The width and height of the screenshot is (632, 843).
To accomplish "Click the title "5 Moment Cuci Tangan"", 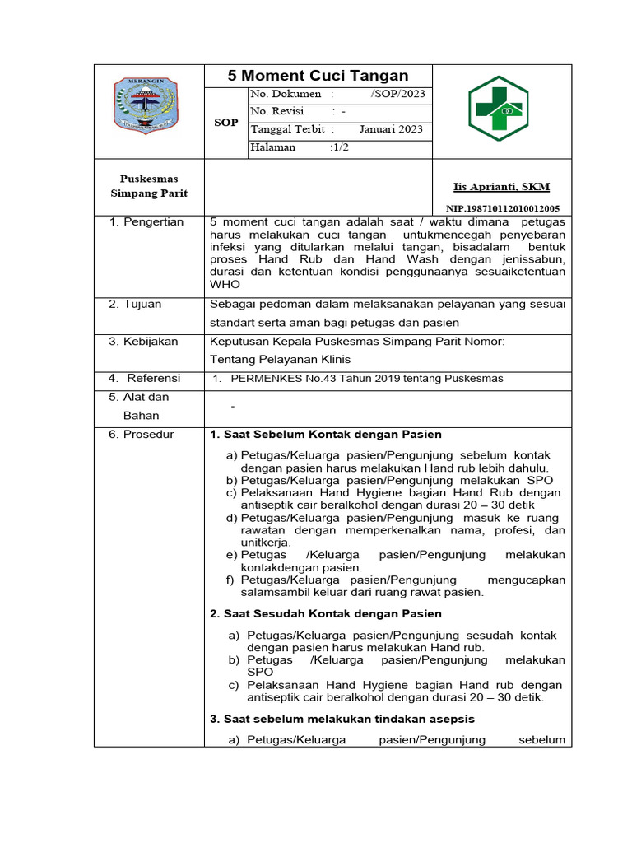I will (x=318, y=76).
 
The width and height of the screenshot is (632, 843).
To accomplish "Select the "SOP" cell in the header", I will (x=225, y=123).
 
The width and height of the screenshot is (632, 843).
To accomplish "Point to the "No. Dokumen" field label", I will (x=286, y=94).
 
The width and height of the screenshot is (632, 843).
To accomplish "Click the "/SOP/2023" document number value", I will (x=397, y=94).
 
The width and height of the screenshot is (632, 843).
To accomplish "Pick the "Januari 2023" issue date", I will (x=391, y=129).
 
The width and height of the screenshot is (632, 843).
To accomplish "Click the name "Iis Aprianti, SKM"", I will (x=501, y=187).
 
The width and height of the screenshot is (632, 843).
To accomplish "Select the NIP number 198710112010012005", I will (x=503, y=209).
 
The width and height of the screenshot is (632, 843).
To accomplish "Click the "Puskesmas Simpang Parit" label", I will (x=149, y=186).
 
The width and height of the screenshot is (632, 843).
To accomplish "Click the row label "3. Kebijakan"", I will (x=143, y=342).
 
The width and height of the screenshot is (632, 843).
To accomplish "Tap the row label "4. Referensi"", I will (x=145, y=378).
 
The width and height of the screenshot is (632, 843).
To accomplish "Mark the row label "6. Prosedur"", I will (x=141, y=434).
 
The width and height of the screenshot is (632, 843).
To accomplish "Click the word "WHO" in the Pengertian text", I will (x=225, y=284).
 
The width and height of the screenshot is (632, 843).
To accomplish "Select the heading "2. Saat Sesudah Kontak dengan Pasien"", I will (x=326, y=613).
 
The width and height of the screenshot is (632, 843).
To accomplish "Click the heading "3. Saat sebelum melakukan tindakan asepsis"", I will (x=342, y=719).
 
